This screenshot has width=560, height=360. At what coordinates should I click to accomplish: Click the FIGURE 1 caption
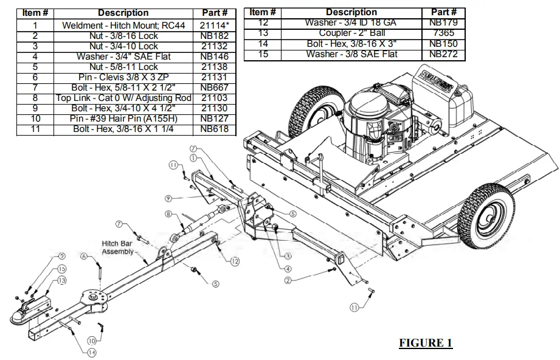click(425, 343)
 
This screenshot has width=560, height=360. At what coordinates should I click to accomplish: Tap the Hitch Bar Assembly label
click(118, 247)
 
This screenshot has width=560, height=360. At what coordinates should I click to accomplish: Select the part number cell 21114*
click(214, 25)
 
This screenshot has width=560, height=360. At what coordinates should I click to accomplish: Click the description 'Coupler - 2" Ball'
click(351, 33)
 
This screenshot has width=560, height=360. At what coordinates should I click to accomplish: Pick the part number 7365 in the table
click(443, 33)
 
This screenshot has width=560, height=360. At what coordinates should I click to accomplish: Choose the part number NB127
click(214, 119)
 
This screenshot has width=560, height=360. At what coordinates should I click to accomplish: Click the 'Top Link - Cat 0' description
click(123, 97)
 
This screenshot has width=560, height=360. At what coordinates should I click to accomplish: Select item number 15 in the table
click(263, 54)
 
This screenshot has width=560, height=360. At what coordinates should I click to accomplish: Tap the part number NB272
click(443, 54)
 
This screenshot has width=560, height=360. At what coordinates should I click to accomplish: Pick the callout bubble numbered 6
click(85, 257)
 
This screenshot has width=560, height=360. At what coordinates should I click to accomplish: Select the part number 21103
click(214, 97)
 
